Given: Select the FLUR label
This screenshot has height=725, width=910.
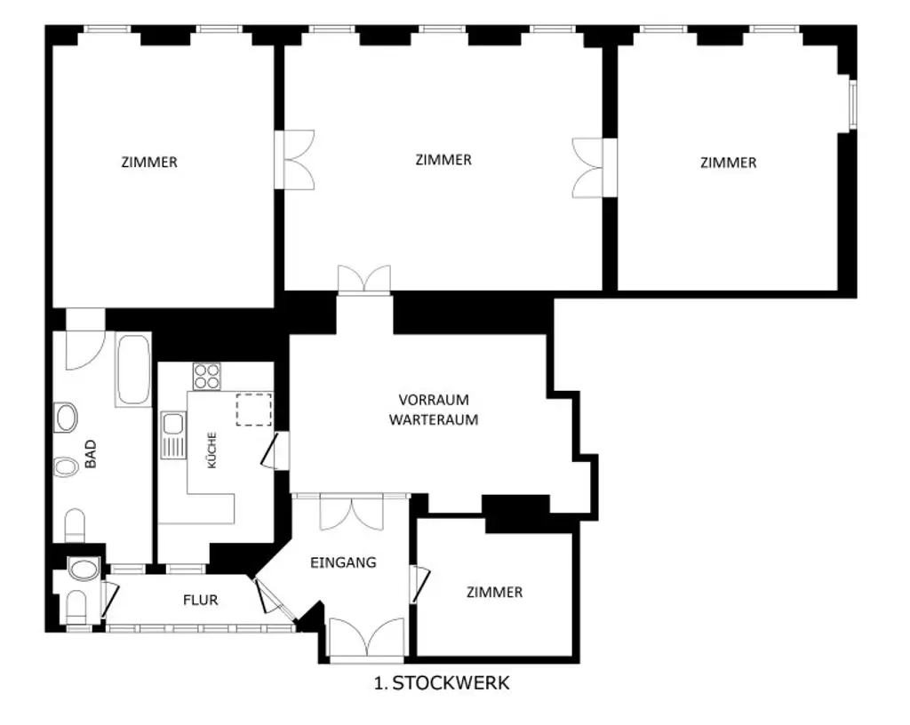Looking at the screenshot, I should pos(200,600).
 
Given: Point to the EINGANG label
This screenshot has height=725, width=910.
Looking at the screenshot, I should pos(343,562).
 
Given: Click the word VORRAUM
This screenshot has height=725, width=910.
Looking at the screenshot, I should pos(434,400).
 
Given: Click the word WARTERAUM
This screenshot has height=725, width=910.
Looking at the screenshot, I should pos(434,419).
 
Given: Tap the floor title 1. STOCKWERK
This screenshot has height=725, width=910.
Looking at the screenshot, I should pos(442,683).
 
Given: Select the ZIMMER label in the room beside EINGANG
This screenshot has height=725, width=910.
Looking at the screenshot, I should pos(494,592).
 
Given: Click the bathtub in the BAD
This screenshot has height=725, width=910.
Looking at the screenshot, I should pos(133,370).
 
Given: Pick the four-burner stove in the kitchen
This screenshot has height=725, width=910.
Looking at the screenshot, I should pos(207,377).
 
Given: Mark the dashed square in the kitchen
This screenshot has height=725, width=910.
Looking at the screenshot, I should pos(253,409).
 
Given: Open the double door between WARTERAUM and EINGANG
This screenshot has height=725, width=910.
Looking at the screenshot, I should pos(351,511).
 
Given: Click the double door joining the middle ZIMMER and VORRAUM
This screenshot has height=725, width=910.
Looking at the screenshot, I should pos(363,279).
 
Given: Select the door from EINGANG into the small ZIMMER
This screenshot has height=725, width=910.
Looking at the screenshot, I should pos(419,584).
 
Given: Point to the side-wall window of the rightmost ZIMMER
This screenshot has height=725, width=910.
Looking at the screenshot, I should pos(851,105).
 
